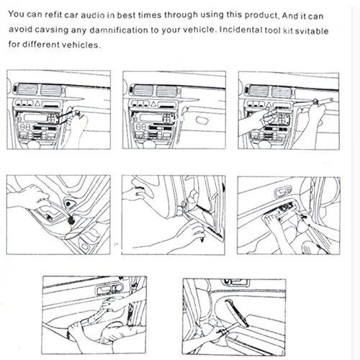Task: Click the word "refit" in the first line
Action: (x=54, y=14)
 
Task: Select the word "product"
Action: (x=261, y=16)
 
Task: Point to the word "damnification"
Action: (x=119, y=30)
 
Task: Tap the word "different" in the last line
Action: (x=41, y=45)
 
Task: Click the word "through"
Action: (x=181, y=15)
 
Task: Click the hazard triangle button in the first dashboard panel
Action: (x=37, y=104)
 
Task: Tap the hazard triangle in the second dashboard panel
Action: (x=153, y=104)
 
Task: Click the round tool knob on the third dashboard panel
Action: (x=315, y=102)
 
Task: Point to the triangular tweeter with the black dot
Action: (x=69, y=204)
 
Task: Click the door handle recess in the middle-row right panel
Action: (x=282, y=192)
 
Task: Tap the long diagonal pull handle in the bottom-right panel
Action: (x=236, y=312)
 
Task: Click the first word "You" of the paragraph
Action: (x=17, y=14)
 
